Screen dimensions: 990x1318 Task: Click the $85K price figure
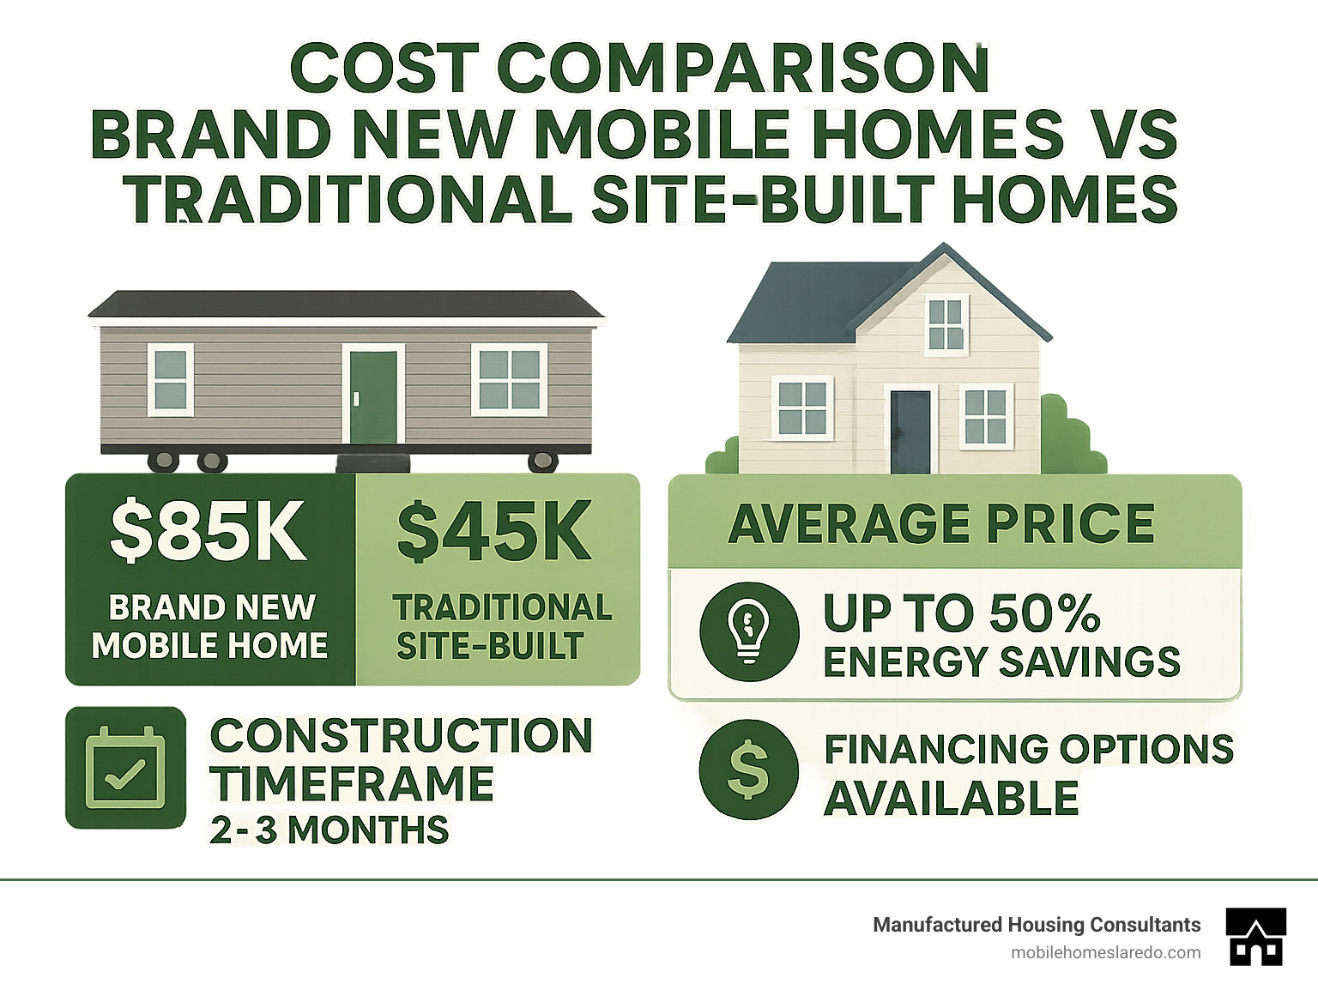click(208, 531)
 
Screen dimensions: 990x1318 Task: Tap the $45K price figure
click(494, 531)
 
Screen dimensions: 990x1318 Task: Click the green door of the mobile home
click(373, 395)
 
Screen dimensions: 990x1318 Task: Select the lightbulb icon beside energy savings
click(748, 631)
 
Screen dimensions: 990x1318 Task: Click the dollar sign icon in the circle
click(748, 769)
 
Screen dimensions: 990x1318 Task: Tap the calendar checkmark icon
click(125, 768)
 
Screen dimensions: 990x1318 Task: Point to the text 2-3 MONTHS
click(329, 830)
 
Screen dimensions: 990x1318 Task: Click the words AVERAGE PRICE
click(941, 523)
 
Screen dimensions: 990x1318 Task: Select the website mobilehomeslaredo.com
click(1105, 952)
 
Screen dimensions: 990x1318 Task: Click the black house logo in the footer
click(1256, 936)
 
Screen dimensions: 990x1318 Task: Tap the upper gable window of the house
click(946, 324)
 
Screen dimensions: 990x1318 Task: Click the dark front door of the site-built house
click(910, 432)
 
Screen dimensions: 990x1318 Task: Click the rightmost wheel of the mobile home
click(542, 462)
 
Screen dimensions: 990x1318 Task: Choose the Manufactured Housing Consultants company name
click(1037, 925)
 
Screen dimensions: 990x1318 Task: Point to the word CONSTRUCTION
click(402, 736)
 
